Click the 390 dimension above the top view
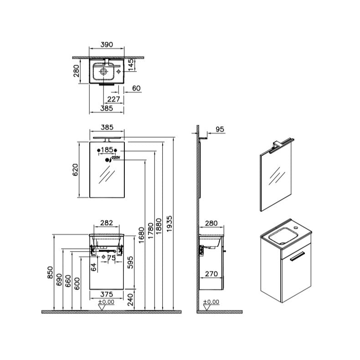tap(107, 45)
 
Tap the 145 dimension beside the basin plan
tap(130, 65)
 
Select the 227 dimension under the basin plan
tap(113, 99)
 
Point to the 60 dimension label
tap(136, 88)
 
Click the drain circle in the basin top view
tap(103, 72)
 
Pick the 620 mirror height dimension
tap(75, 170)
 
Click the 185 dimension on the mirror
tap(107, 150)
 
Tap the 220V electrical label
tap(116, 158)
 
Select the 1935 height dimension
tap(169, 224)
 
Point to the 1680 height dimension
tap(141, 235)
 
